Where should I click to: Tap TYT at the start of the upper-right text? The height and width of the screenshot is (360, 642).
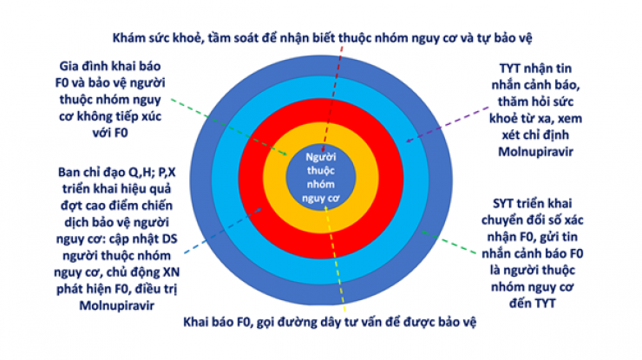[x=513, y=67]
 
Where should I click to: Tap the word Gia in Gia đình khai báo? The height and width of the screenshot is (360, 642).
[x=70, y=67]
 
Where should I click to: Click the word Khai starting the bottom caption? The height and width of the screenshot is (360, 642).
[x=200, y=323]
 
